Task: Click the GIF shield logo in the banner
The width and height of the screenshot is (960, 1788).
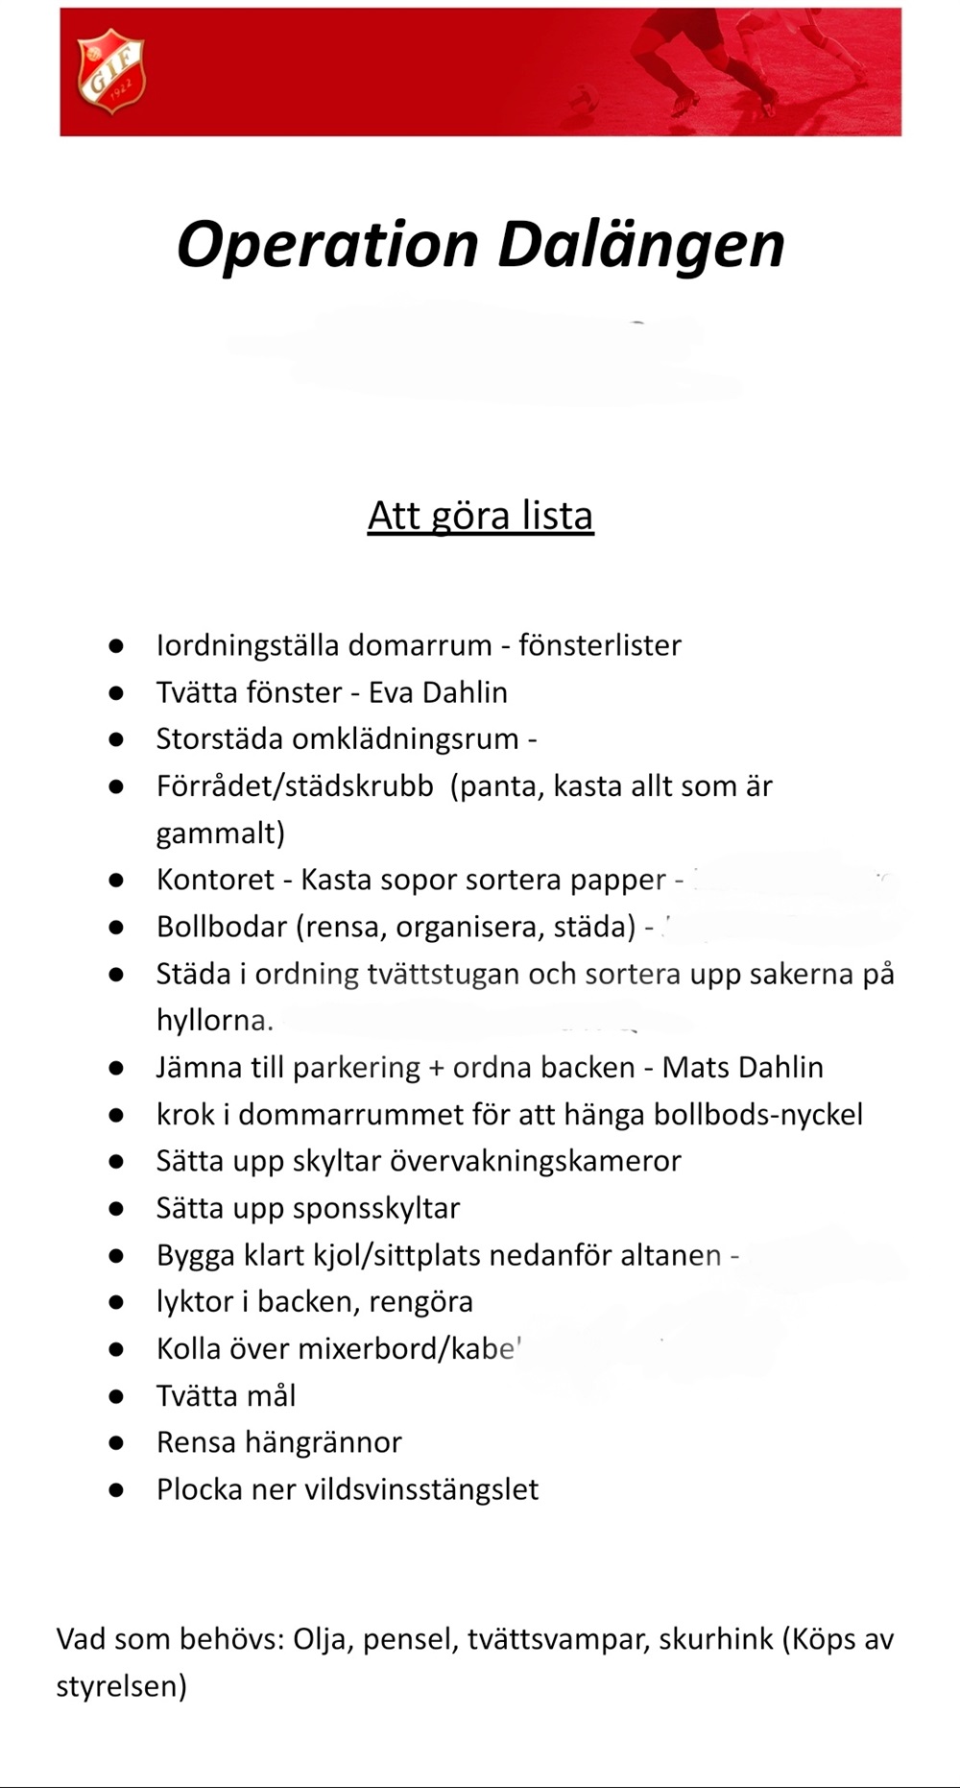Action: [x=111, y=71]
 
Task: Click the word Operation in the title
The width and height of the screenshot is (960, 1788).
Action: [x=327, y=245]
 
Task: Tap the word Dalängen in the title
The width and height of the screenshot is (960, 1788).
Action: [x=641, y=245]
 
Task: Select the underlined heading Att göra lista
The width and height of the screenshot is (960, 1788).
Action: [x=480, y=516]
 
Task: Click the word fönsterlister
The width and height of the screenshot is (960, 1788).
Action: [x=600, y=645]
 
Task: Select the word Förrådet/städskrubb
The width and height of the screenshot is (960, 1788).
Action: [x=295, y=786]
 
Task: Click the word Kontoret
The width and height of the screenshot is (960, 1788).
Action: [x=215, y=880]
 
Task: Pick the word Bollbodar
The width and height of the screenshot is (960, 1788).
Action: [x=222, y=927]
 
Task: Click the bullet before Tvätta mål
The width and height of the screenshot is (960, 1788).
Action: [x=116, y=1396]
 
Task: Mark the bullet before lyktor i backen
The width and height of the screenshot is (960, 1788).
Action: [x=116, y=1302]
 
